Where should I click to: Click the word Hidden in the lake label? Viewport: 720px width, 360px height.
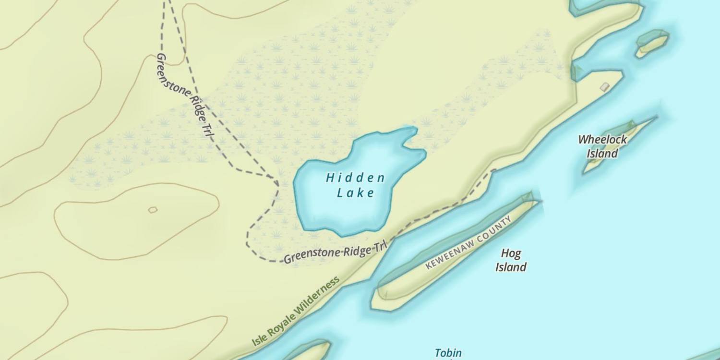pyautogui.click(x=355, y=178)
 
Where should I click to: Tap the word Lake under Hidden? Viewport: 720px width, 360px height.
pyautogui.click(x=355, y=193)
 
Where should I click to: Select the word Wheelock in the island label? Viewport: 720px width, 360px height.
pyautogui.click(x=602, y=140)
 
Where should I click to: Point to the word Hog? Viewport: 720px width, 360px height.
pyautogui.click(x=511, y=253)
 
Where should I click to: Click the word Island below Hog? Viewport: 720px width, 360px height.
pyautogui.click(x=511, y=267)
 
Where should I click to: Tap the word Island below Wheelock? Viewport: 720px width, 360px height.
pyautogui.click(x=602, y=154)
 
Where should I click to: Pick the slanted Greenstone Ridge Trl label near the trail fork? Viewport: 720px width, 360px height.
pyautogui.click(x=184, y=96)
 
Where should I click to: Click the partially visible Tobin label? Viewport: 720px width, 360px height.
pyautogui.click(x=448, y=353)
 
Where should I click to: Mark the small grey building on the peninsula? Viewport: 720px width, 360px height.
pyautogui.click(x=605, y=86)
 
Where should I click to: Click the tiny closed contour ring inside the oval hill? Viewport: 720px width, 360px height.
pyautogui.click(x=153, y=210)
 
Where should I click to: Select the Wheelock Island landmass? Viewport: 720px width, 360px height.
pyautogui.click(x=619, y=144)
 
